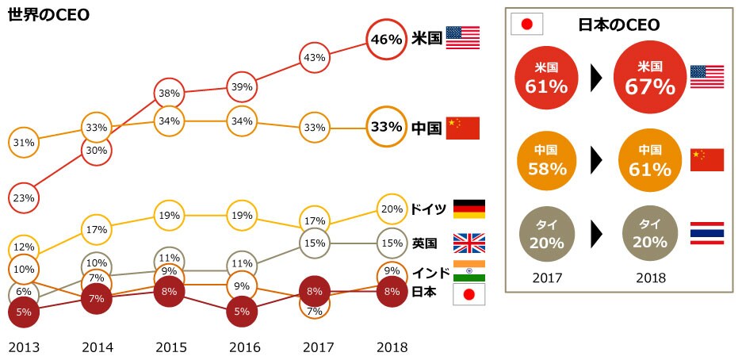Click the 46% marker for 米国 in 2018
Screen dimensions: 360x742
click(387, 39)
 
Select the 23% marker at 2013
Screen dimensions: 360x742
click(24, 197)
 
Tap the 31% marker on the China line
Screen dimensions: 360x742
click(24, 143)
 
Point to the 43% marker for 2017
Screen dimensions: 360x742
click(315, 57)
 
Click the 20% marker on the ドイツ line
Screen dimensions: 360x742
click(392, 209)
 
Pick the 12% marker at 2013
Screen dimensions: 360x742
click(24, 247)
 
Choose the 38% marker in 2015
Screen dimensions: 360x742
click(169, 93)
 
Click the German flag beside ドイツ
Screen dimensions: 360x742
click(469, 209)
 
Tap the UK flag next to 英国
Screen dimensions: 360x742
click(469, 243)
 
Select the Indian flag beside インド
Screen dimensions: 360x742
click(469, 270)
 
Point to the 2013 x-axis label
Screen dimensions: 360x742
click(24, 347)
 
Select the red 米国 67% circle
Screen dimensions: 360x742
click(644, 78)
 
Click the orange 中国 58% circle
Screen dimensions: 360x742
click(547, 160)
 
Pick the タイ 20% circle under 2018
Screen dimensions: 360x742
click(644, 235)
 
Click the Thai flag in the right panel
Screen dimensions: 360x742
click(707, 233)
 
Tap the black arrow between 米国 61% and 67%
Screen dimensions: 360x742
click(596, 78)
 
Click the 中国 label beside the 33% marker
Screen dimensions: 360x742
click(426, 128)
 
